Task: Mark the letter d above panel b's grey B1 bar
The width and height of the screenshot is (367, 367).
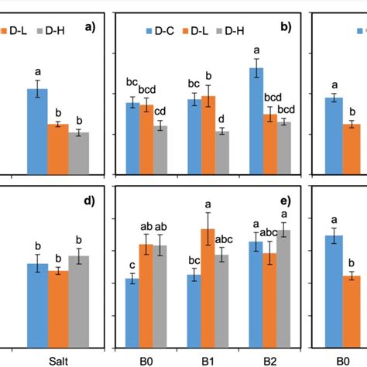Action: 222,118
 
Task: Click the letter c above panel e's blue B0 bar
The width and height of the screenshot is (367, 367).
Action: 132,265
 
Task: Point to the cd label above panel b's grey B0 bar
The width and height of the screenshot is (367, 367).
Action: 159,109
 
